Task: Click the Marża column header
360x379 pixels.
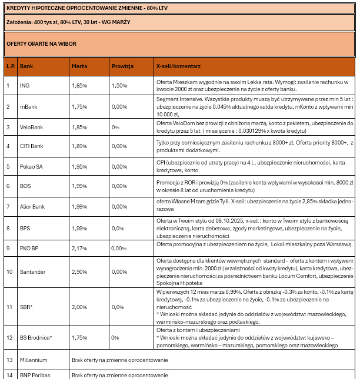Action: (79, 66)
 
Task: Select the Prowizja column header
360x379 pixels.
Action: (123, 66)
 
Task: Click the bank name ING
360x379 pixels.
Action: (24, 86)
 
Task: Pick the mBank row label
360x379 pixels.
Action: (28, 106)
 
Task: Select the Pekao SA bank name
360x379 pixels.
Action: (31, 166)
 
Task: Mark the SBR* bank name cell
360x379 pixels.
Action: (26, 307)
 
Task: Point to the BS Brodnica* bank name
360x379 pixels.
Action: (36, 338)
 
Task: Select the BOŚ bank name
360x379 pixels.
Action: (25, 186)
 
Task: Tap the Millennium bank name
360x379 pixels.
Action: (33, 359)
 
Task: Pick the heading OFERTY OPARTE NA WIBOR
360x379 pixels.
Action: (41, 44)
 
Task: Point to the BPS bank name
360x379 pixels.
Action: (25, 227)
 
